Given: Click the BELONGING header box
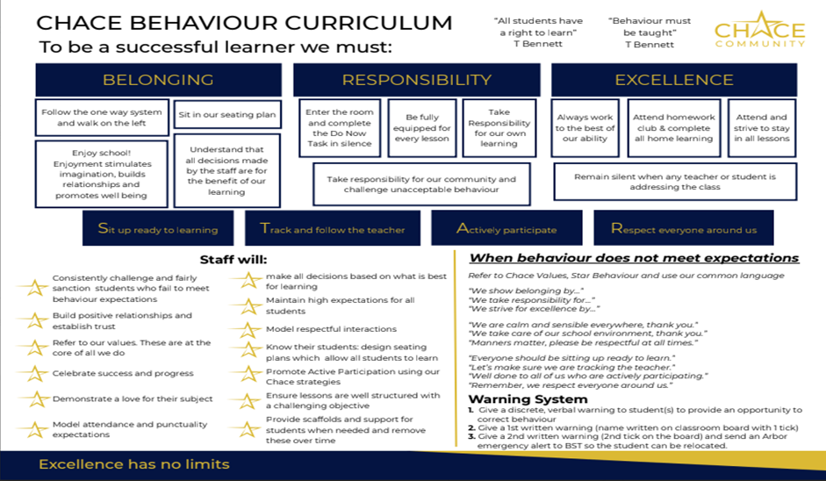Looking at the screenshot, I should point(158,80).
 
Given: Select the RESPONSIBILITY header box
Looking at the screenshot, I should point(416,80).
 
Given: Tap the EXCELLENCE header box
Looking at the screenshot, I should point(673,80).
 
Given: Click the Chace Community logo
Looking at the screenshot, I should point(759,32).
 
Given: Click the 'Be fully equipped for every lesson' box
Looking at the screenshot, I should point(422,128).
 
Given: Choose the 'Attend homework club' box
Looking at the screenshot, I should point(674,128).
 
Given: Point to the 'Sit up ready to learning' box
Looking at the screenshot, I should point(158,229).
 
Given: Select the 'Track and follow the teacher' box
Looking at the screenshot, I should point(333,229).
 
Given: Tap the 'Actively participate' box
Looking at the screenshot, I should point(506,229).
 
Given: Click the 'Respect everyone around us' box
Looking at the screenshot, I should point(683,229).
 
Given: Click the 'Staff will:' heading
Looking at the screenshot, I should point(229,260).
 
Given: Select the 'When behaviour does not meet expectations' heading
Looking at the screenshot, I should point(634,258).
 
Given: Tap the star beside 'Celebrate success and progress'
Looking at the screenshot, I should point(35,373).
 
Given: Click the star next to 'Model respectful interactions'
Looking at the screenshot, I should point(248,330).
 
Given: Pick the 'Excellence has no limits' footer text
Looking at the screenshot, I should point(133,463).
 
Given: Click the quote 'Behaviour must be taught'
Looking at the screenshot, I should point(649,32).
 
